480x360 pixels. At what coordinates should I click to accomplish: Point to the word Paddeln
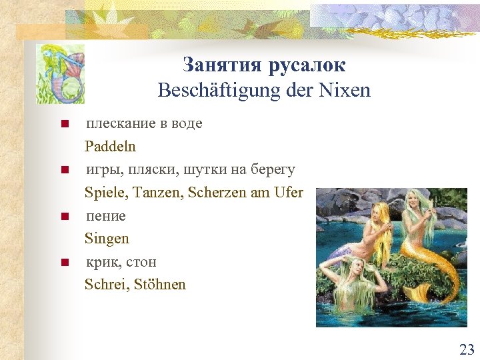(110, 146)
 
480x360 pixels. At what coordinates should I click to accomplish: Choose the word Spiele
(106, 193)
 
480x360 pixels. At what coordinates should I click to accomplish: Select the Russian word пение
(105, 216)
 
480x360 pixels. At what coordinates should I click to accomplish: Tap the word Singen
(107, 238)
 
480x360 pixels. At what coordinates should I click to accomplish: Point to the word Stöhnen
(160, 285)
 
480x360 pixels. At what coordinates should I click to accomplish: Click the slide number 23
(467, 349)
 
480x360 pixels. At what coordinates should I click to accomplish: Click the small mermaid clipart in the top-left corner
(61, 73)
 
